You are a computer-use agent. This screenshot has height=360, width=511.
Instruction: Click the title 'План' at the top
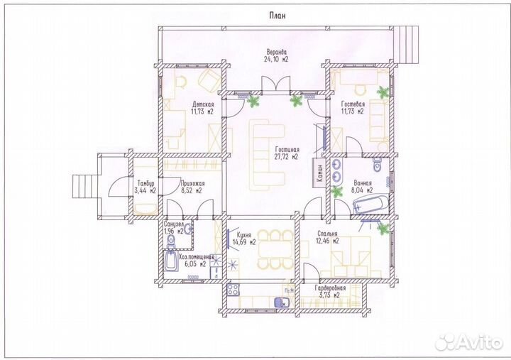click(x=278, y=16)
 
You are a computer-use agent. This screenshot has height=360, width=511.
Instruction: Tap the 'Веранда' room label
click(x=276, y=52)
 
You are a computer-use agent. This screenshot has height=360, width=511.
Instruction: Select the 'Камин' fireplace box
click(x=319, y=173)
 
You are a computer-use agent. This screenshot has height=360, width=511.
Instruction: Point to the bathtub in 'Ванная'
click(x=371, y=204)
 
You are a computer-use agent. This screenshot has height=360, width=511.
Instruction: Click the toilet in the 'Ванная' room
click(x=378, y=165)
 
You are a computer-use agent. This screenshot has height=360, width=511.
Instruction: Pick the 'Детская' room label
click(x=203, y=104)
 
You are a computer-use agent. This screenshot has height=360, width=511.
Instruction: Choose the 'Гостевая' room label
click(x=353, y=104)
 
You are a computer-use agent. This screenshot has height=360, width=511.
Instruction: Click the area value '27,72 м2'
click(x=287, y=157)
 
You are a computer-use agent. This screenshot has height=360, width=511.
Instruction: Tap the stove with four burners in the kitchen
click(x=233, y=290)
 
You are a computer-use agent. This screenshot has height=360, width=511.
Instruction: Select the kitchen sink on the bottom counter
click(x=281, y=302)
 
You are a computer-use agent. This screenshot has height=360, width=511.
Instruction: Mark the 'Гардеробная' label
click(x=330, y=288)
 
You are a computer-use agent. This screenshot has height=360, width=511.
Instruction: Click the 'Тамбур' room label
click(x=145, y=183)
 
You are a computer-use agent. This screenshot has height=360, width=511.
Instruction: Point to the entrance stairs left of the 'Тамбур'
click(x=84, y=186)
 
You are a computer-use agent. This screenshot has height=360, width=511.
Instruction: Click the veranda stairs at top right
click(x=408, y=45)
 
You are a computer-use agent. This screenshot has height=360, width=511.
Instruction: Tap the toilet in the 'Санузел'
click(x=171, y=241)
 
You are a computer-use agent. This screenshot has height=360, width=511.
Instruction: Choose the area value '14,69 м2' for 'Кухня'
click(x=244, y=242)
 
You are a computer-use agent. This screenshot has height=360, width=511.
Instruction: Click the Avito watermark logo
click(x=468, y=342)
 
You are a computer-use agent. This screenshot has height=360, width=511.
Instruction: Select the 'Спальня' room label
click(x=327, y=234)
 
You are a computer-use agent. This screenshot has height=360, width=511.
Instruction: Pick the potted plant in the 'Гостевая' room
click(x=383, y=92)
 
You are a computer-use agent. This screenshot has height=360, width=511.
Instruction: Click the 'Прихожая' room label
click(x=192, y=184)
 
